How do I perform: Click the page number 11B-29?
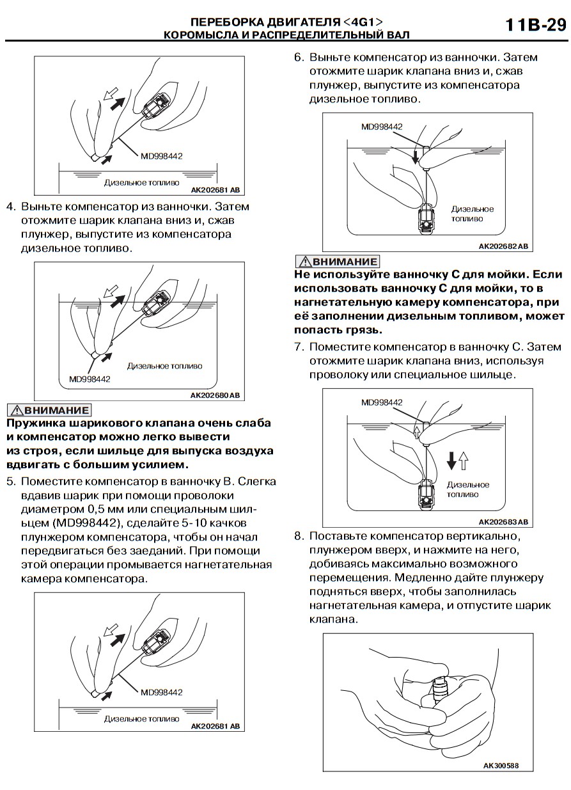(536, 25)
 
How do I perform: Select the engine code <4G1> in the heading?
(361, 23)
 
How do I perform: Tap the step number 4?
(10, 207)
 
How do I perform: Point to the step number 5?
(10, 482)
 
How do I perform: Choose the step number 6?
(298, 58)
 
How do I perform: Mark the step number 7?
(298, 347)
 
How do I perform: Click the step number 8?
(298, 535)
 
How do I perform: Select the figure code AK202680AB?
(215, 396)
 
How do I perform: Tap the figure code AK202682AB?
(503, 246)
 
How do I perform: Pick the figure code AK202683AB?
(503, 521)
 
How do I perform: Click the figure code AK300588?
(501, 766)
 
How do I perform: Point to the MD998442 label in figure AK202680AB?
(90, 379)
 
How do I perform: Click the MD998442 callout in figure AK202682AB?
(382, 127)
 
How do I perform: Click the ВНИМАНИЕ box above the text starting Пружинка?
(49, 410)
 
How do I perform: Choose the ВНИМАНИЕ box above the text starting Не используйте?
(337, 261)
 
